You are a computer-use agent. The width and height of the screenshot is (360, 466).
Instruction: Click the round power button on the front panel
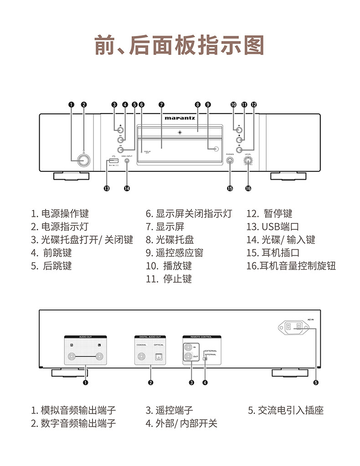coord(83,161)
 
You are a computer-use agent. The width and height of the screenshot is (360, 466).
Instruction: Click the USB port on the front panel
coord(113,161)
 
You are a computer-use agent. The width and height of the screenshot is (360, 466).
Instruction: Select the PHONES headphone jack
coord(230,161)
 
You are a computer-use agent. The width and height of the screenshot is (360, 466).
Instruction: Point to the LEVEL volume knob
coord(248,161)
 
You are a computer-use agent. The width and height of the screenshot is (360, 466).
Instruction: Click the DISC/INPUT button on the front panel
coord(127,161)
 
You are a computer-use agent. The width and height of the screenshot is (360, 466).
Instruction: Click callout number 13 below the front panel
coord(107,188)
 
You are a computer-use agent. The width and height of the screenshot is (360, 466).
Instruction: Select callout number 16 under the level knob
coord(248,188)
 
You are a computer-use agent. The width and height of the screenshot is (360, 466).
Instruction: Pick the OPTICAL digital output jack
coord(159,357)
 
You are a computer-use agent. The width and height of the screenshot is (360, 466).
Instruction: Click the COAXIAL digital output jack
coord(142,357)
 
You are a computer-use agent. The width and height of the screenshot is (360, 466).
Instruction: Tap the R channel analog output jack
coord(72,357)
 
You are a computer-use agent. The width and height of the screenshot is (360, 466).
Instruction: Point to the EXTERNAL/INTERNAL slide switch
coord(205,359)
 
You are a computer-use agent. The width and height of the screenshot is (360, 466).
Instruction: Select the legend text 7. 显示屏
coord(165,227)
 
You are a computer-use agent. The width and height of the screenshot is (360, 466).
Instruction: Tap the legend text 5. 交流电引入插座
coord(286,410)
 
